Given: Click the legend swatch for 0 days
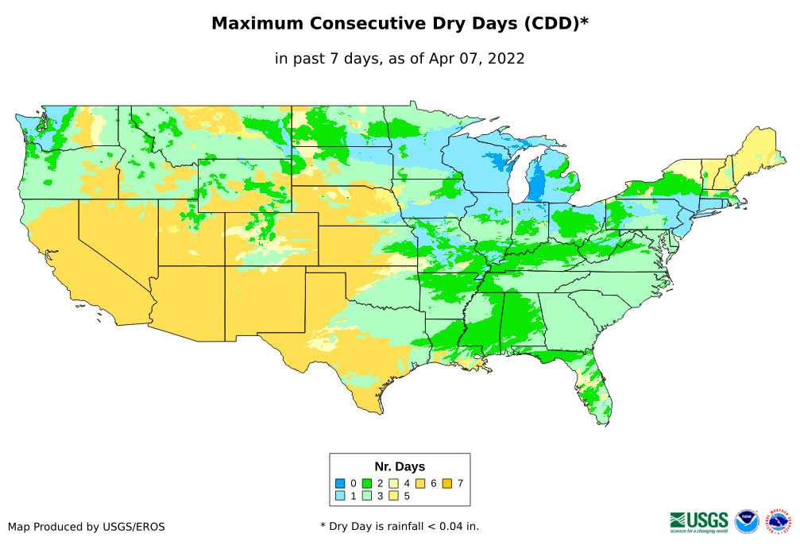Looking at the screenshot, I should coord(340,483).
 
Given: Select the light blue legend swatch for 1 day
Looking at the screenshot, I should coord(340,496).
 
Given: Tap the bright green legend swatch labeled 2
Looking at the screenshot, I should coord(367,483).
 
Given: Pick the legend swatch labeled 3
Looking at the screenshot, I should coord(367,496).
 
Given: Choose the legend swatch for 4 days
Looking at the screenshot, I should coord(394,483).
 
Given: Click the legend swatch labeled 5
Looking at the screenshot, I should coord(394,496).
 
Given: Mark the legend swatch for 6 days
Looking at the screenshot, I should coord(421,483).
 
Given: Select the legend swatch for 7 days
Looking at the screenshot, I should coord(448,483).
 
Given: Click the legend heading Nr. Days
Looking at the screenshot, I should coord(400,466).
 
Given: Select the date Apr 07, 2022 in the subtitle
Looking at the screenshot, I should coord(475,58).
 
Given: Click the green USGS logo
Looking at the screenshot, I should coord(699,521).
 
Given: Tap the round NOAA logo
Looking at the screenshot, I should coord(747,521).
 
